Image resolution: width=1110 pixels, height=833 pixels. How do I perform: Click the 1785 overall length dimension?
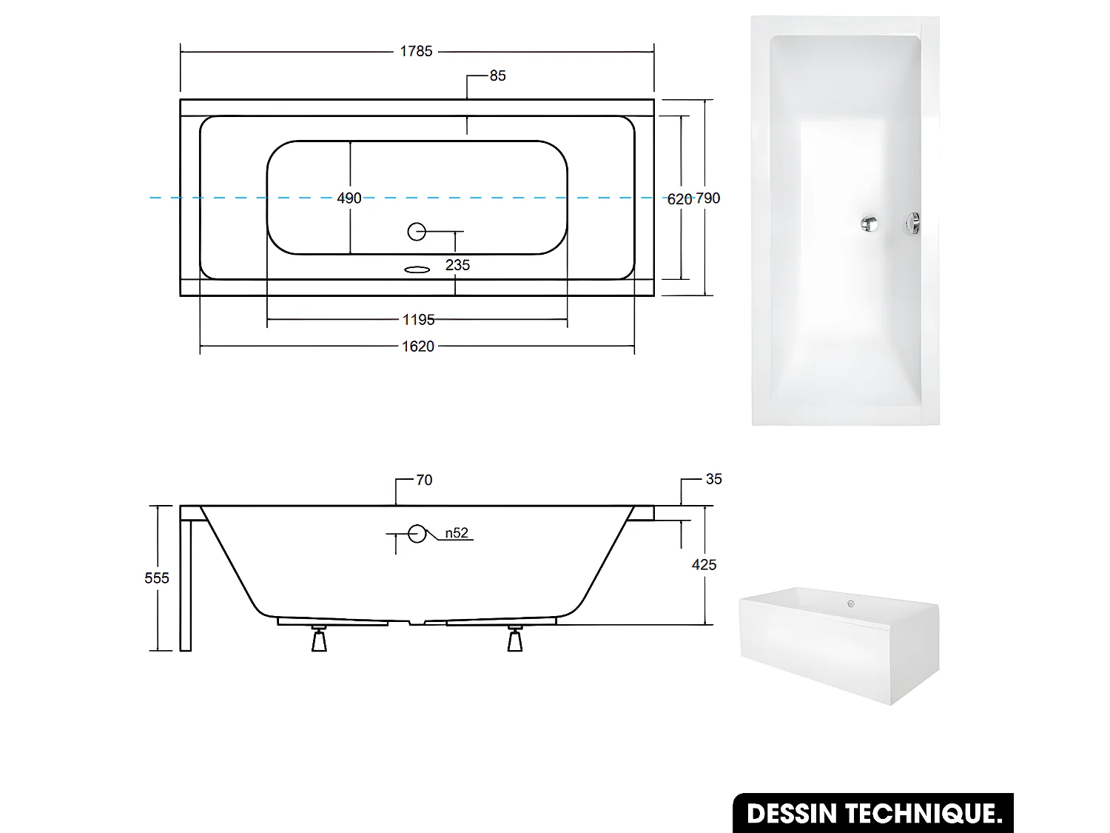pyautogui.click(x=416, y=51)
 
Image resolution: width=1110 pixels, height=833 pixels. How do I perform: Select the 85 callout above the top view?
pyautogui.click(x=497, y=76)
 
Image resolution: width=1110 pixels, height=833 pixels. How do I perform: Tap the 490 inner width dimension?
pyautogui.click(x=349, y=198)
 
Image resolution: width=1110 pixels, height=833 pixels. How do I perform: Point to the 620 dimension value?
pyautogui.click(x=679, y=198)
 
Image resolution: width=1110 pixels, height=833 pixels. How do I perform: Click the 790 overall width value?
pyautogui.click(x=708, y=198)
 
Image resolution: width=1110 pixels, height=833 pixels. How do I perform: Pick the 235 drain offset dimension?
pyautogui.click(x=457, y=265)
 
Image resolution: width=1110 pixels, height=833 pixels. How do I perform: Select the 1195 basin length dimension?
pyautogui.click(x=418, y=320)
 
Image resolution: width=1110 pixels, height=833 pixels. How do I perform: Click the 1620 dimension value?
pyautogui.click(x=418, y=347)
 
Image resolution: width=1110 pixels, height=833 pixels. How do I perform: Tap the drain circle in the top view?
pyautogui.click(x=417, y=232)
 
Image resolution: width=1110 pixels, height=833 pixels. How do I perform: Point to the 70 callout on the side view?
pyautogui.click(x=424, y=480)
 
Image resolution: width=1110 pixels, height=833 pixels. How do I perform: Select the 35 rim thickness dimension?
pyautogui.click(x=713, y=479)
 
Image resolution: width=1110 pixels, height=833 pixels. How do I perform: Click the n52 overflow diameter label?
pyautogui.click(x=457, y=533)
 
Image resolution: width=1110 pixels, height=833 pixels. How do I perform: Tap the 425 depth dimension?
pyautogui.click(x=704, y=565)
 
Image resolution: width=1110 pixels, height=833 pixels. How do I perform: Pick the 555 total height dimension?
pyautogui.click(x=157, y=578)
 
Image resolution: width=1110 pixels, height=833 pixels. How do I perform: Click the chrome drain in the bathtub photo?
pyautogui.click(x=869, y=223)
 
